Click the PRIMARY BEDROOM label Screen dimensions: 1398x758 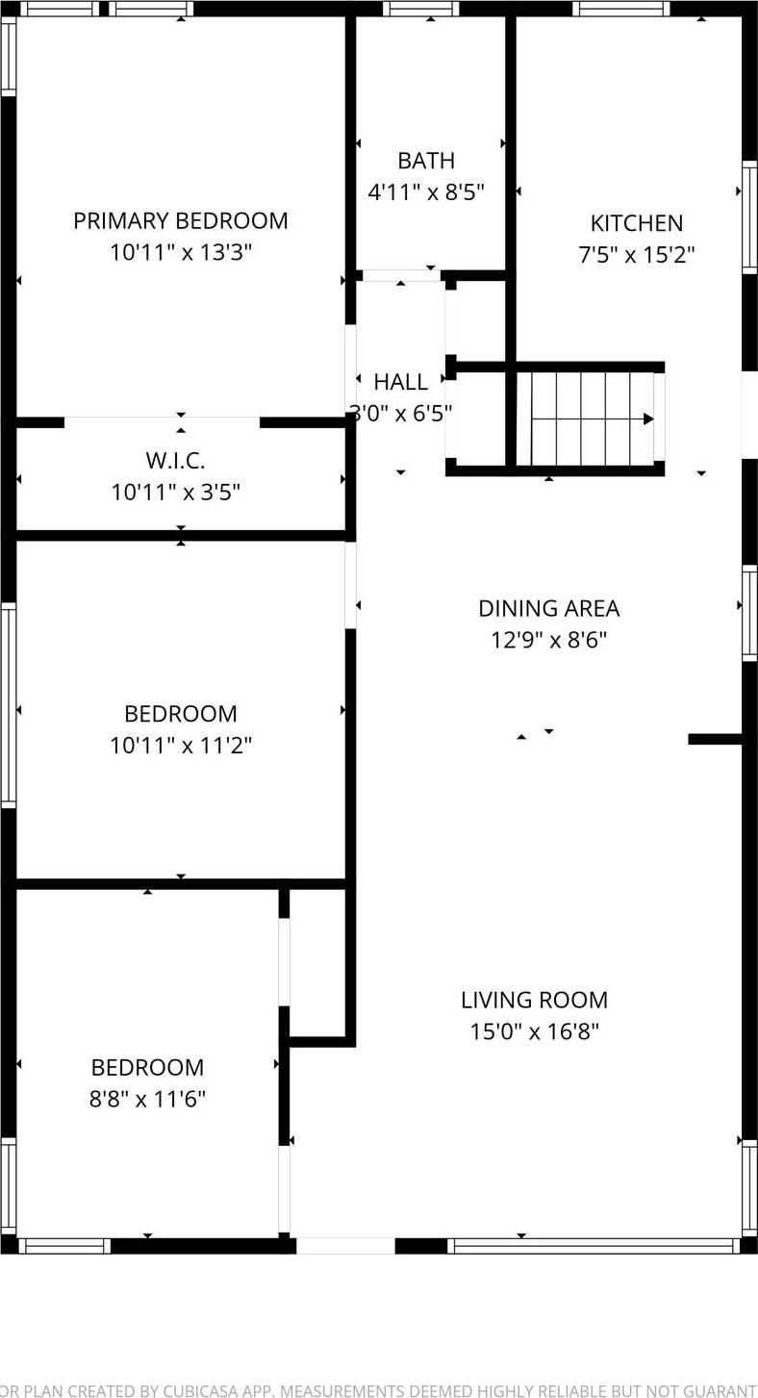(181, 220)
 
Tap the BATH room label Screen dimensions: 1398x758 (426, 161)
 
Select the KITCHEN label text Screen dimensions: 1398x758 (636, 223)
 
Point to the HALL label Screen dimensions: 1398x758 (401, 382)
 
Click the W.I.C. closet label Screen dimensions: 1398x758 (175, 460)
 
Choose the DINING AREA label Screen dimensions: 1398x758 (548, 608)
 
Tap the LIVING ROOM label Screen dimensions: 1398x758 (534, 1000)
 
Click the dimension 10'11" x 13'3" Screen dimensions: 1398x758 (181, 253)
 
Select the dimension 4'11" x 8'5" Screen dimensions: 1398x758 (426, 192)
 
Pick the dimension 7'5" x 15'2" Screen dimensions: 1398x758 (636, 255)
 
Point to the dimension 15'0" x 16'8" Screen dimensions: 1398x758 (534, 1032)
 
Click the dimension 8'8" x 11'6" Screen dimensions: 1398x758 (147, 1099)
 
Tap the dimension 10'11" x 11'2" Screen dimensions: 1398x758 (181, 746)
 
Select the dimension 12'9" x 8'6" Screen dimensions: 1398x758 (548, 640)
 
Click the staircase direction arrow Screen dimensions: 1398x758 (646, 419)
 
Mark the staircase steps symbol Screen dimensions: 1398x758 (587, 419)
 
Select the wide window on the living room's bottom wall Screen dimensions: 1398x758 (594, 1246)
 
